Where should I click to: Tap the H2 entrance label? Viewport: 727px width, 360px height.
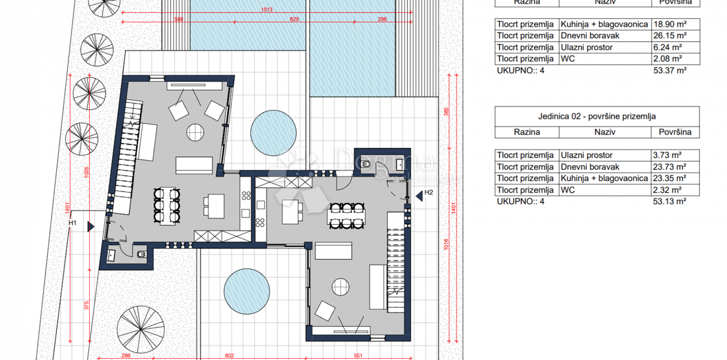pos(429,193)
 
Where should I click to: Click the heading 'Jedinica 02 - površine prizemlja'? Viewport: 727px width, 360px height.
pos(597,116)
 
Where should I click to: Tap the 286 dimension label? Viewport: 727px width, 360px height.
pos(125,356)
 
